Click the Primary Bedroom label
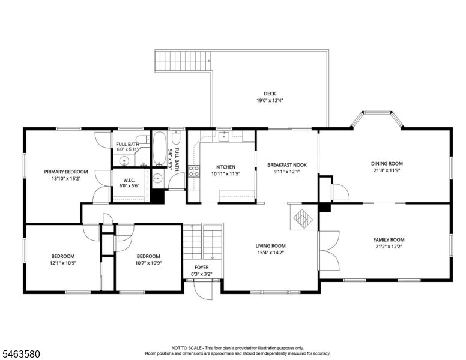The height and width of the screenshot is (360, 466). [x=66, y=172]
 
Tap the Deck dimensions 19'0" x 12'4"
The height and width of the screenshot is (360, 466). [x=270, y=100]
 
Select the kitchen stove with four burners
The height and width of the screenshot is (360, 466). [x=194, y=172]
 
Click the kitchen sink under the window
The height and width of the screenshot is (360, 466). [x=223, y=137]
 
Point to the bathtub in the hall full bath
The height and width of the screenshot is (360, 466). [x=160, y=148]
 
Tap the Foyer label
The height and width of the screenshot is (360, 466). [x=202, y=268]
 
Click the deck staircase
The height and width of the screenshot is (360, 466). [x=183, y=61]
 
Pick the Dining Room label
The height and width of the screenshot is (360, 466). [x=387, y=163]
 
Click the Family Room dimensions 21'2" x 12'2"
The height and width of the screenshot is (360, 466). [x=389, y=246]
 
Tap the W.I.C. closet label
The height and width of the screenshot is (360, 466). [x=129, y=180]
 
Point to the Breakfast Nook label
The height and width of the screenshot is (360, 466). [x=287, y=165]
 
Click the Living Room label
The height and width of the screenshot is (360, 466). [x=270, y=245]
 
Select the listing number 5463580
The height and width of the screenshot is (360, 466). [x=21, y=354]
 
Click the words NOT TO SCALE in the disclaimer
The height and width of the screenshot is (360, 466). [x=187, y=348]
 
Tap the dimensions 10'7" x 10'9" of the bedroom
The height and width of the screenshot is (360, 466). [x=148, y=263]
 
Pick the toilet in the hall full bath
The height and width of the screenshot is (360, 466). [x=175, y=137]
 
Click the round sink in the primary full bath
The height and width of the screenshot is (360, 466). [x=124, y=161]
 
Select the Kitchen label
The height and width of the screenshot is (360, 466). [x=226, y=167]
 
